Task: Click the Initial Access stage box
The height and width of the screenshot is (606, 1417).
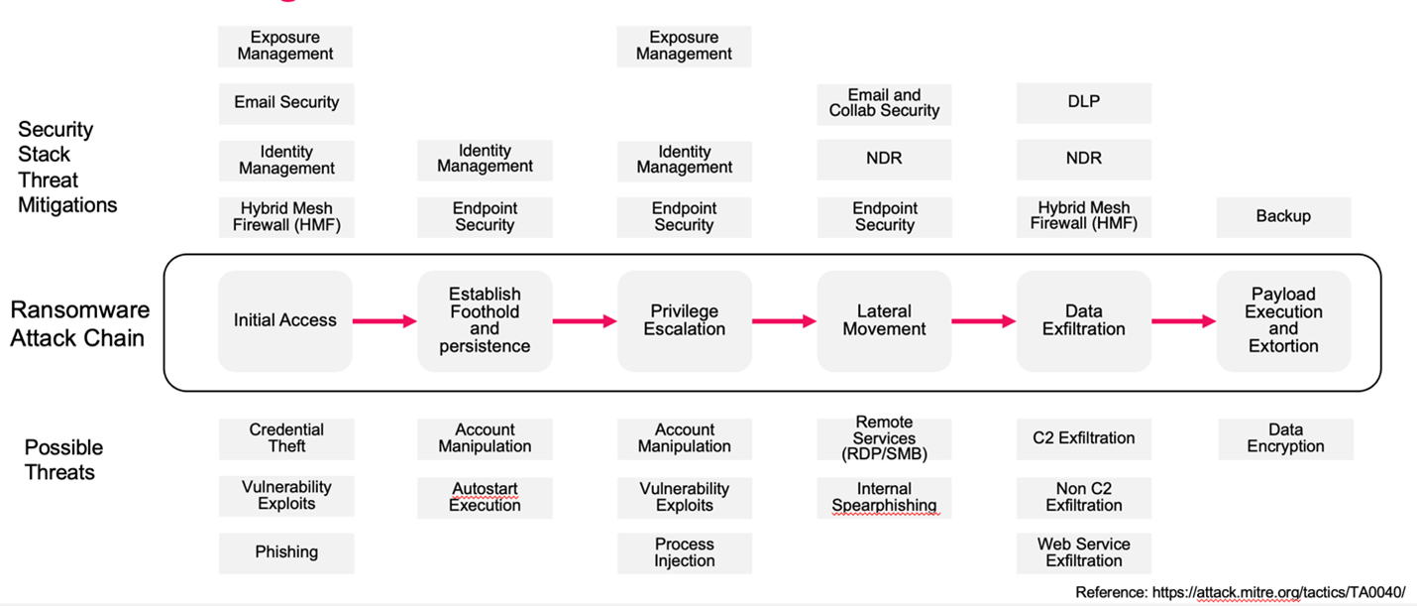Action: (x=285, y=321)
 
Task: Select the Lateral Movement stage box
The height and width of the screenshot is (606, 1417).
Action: (x=884, y=321)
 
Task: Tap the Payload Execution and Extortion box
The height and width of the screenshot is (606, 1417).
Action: (x=1283, y=321)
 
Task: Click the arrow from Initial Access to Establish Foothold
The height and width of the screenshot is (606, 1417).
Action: (x=384, y=321)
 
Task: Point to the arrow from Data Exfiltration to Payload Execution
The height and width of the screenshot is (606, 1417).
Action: (x=1183, y=321)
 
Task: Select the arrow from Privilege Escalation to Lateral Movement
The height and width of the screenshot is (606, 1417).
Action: (x=785, y=321)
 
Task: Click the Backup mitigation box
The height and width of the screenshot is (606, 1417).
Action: (x=1283, y=217)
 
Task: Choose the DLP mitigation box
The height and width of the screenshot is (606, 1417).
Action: (x=1084, y=102)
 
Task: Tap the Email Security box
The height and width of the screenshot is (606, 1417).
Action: (x=286, y=103)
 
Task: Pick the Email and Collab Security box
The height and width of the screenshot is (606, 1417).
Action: (x=884, y=104)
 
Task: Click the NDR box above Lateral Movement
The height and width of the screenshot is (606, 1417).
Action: (x=884, y=160)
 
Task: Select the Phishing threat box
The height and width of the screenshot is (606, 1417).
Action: (x=286, y=552)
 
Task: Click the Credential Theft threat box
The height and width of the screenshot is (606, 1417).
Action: (x=286, y=438)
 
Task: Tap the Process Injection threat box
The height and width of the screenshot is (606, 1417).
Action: (x=685, y=552)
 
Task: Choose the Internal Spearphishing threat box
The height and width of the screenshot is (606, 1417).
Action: (x=884, y=498)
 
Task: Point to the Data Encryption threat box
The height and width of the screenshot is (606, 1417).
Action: (x=1285, y=438)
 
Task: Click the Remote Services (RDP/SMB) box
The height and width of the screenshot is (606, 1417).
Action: (x=884, y=438)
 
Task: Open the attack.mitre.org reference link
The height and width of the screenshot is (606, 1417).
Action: (x=1278, y=593)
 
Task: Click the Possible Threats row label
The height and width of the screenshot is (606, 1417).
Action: (x=63, y=460)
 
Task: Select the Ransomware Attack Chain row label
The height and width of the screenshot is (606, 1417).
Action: (x=79, y=323)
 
